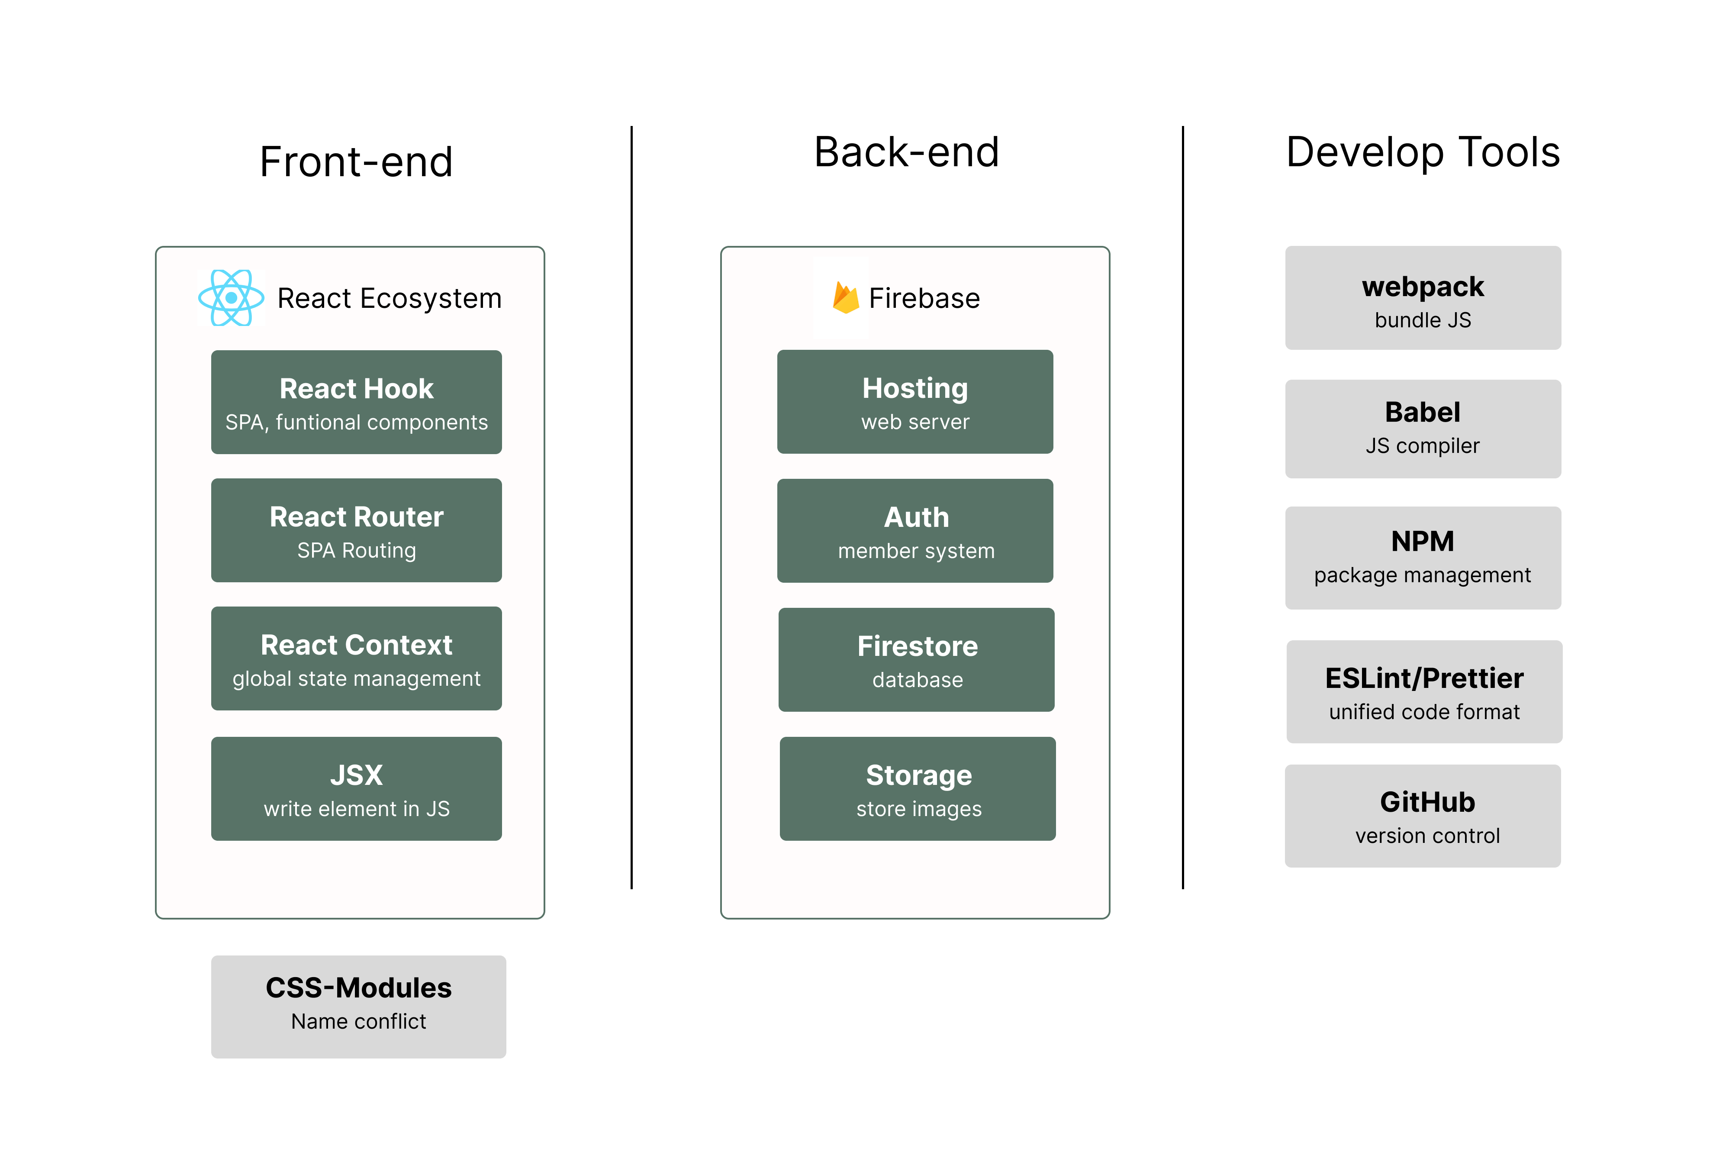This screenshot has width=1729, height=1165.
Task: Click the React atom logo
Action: (231, 298)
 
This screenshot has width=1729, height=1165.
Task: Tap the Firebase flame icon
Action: (845, 298)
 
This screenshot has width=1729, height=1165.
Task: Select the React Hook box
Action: (357, 402)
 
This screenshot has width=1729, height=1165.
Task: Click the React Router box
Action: (357, 530)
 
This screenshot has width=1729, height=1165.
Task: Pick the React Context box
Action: (357, 659)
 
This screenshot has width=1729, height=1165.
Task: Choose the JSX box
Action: (357, 789)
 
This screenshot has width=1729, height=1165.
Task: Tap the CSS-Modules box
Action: (359, 1007)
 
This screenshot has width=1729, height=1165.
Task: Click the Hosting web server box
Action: (915, 402)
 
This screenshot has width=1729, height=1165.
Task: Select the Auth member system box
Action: (915, 530)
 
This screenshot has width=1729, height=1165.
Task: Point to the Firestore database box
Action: (917, 660)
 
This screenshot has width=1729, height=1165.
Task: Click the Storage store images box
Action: (918, 789)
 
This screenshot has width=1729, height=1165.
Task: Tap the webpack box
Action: (1423, 298)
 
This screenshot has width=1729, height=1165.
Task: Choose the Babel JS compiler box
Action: (1423, 429)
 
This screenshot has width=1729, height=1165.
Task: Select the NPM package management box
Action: (1423, 558)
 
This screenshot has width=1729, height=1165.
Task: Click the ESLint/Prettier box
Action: (1424, 692)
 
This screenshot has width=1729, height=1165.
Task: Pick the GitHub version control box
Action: (1423, 816)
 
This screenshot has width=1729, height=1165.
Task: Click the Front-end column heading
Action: (357, 162)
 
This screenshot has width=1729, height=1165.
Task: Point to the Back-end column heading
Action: (907, 152)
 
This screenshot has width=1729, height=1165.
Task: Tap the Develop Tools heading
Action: (1423, 152)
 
